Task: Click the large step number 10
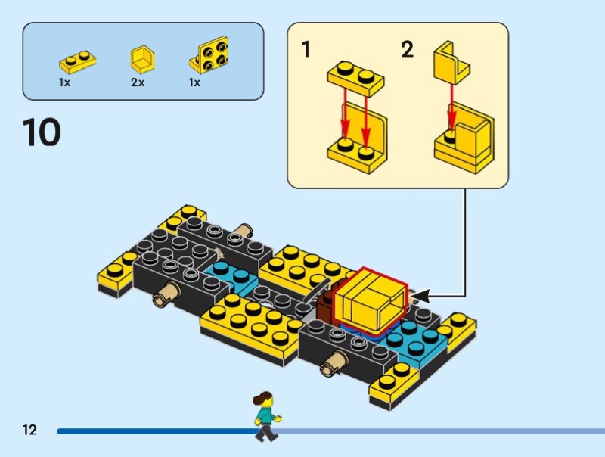click(42, 132)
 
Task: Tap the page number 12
click(29, 430)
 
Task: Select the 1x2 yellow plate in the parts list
click(78, 62)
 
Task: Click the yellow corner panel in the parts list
click(142, 59)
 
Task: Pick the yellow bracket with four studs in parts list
click(209, 54)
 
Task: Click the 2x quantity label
click(138, 82)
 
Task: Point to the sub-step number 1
click(306, 49)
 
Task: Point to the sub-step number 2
click(408, 49)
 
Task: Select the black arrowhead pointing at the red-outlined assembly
click(420, 296)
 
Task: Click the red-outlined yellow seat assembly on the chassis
click(370, 300)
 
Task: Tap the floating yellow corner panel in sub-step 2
click(451, 64)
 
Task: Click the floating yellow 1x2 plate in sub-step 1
click(355, 79)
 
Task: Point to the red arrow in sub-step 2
click(451, 109)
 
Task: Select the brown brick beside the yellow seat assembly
click(325, 307)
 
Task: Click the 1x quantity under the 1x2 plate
click(64, 82)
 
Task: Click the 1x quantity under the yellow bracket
click(194, 82)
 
